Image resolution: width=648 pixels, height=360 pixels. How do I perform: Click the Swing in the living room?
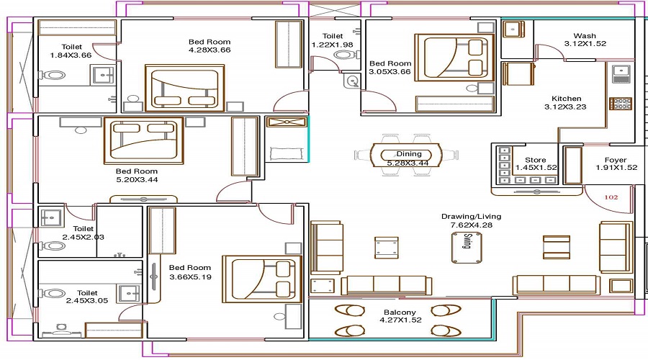coord(467,247)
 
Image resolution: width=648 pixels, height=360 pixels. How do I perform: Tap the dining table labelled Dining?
coord(406,156)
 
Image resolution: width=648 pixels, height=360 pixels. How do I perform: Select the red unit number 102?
coord(611,197)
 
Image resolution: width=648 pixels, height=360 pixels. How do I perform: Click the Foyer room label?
coord(616,160)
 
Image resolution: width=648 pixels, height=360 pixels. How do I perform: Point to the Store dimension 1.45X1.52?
coord(536,168)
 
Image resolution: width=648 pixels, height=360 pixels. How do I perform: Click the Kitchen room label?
coord(566,99)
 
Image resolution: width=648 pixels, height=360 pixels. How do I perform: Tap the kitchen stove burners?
coord(621,104)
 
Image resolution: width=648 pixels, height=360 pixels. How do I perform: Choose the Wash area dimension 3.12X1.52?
coord(585,44)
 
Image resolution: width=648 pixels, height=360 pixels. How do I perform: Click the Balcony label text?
coord(400,312)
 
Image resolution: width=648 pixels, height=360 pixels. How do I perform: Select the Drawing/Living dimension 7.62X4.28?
coord(472,225)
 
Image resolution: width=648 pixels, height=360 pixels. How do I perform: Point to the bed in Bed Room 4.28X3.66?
coord(184,88)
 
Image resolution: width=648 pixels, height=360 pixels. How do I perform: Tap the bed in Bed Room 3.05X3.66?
coord(454,57)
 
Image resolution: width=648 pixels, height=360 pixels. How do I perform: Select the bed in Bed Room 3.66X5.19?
coord(261,279)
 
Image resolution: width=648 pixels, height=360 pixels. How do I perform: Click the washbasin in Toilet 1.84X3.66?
coord(103,75)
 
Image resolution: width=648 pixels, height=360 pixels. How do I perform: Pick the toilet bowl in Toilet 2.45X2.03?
coord(52,246)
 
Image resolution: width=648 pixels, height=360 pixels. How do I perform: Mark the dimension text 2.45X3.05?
coord(87,301)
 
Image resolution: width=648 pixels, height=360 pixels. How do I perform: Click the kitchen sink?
coord(621,73)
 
